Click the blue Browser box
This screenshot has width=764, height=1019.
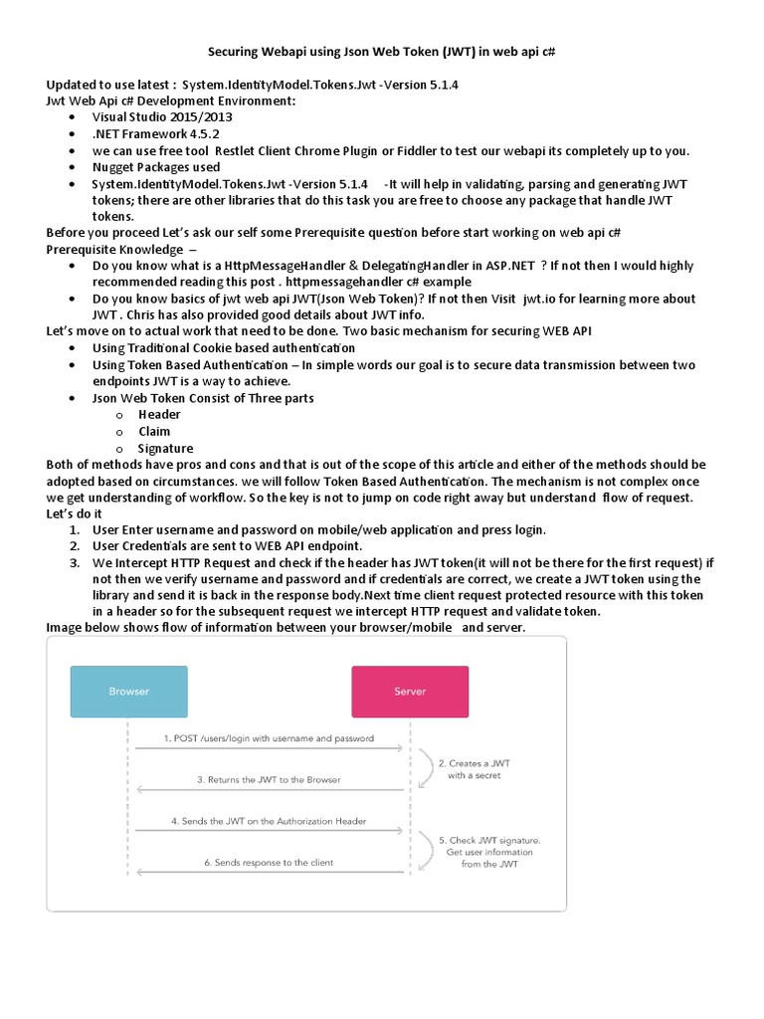(128, 692)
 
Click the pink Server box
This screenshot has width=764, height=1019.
(410, 692)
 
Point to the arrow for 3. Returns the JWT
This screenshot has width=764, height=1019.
(269, 789)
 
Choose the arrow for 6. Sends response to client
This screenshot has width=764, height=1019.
(269, 872)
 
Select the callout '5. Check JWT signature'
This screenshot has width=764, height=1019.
(487, 852)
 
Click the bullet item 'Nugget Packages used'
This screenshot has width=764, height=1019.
(156, 167)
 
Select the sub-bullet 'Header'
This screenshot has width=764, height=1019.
(159, 414)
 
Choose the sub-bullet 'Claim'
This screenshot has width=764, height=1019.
(154, 431)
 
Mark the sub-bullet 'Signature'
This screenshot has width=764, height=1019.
(165, 448)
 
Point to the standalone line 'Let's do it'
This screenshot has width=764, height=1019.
(74, 513)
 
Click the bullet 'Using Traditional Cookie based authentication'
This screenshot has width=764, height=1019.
(223, 348)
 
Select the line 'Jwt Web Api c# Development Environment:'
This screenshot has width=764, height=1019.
(170, 101)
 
